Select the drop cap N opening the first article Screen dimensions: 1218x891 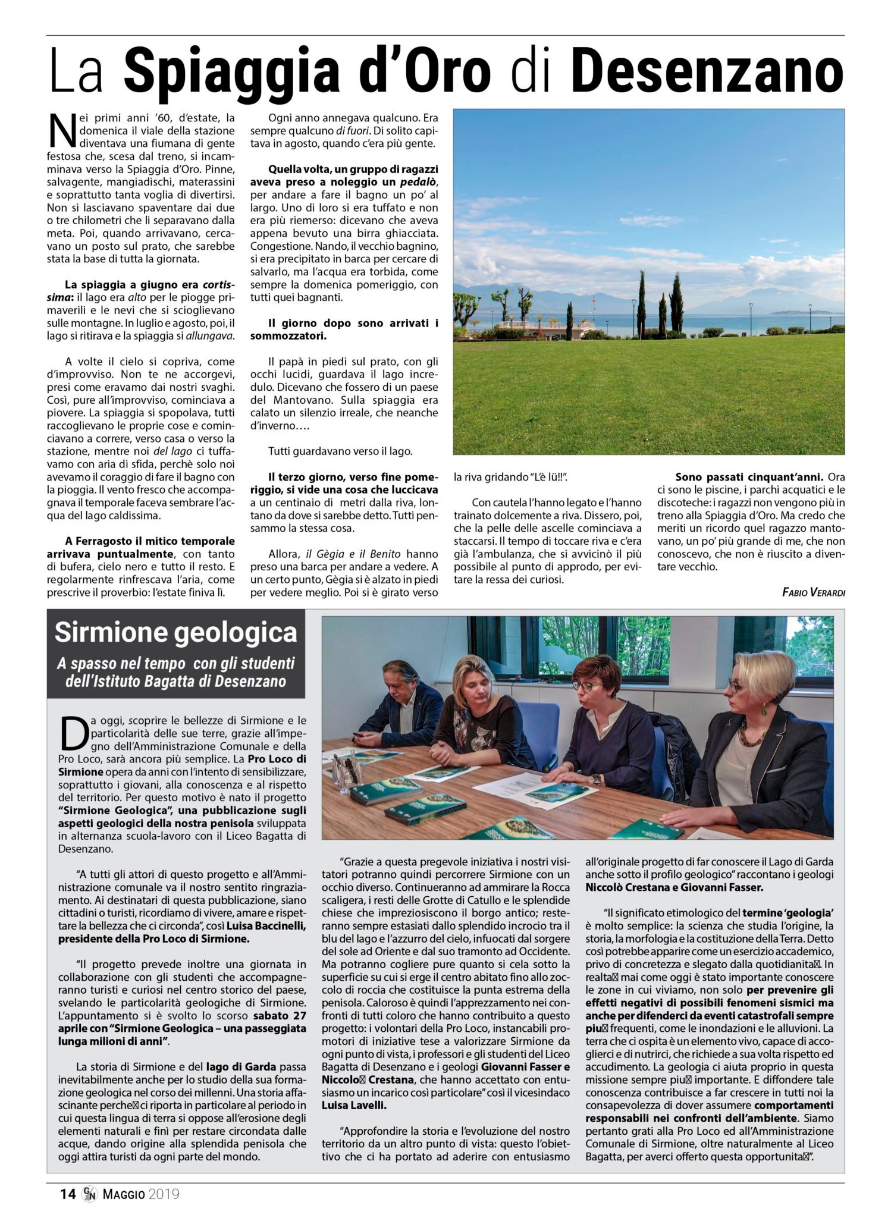pos(62,131)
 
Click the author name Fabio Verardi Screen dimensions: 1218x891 pos(813,592)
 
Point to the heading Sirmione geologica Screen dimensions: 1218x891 pos(175,632)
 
